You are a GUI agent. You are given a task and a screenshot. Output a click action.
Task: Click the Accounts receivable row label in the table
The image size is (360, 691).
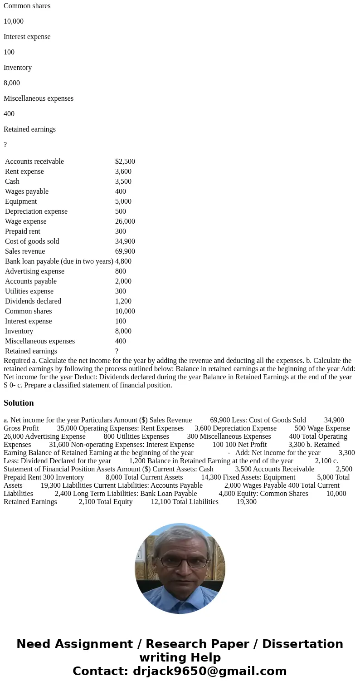(34, 162)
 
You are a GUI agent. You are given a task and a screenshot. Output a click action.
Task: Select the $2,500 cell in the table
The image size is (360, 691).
(125, 162)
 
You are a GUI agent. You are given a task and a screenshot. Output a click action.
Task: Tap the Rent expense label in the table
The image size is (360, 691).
(24, 172)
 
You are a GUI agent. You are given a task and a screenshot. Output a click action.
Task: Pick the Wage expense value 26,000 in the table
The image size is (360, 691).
(125, 221)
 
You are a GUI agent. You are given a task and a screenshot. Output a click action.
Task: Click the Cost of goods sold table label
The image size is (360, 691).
(32, 241)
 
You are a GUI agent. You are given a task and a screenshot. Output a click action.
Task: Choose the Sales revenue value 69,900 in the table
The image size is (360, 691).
(125, 251)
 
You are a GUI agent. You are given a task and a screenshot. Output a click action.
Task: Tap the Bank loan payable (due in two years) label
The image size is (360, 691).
(59, 261)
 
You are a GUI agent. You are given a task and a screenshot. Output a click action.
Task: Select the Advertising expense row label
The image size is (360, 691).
(34, 271)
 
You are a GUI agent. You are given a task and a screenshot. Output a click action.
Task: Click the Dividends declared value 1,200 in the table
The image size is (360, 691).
(123, 301)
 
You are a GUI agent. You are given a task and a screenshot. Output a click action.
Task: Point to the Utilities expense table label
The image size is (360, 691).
(29, 291)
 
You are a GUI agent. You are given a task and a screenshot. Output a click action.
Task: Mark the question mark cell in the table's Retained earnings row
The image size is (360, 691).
(117, 351)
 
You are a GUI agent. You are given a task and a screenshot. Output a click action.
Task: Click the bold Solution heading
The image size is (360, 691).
(19, 403)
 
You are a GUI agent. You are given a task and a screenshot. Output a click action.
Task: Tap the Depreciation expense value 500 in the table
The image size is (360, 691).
(121, 211)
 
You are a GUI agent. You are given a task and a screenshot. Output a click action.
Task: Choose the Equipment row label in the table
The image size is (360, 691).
(21, 201)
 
